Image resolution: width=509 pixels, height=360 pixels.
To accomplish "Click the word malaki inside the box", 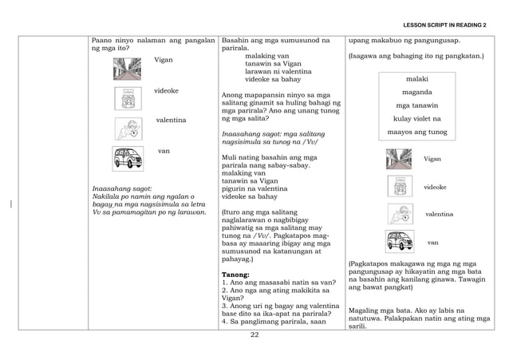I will (x=417, y=80).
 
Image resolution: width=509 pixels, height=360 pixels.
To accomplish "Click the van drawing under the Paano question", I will (x=128, y=157).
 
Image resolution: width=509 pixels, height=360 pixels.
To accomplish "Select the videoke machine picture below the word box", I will (x=398, y=187).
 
